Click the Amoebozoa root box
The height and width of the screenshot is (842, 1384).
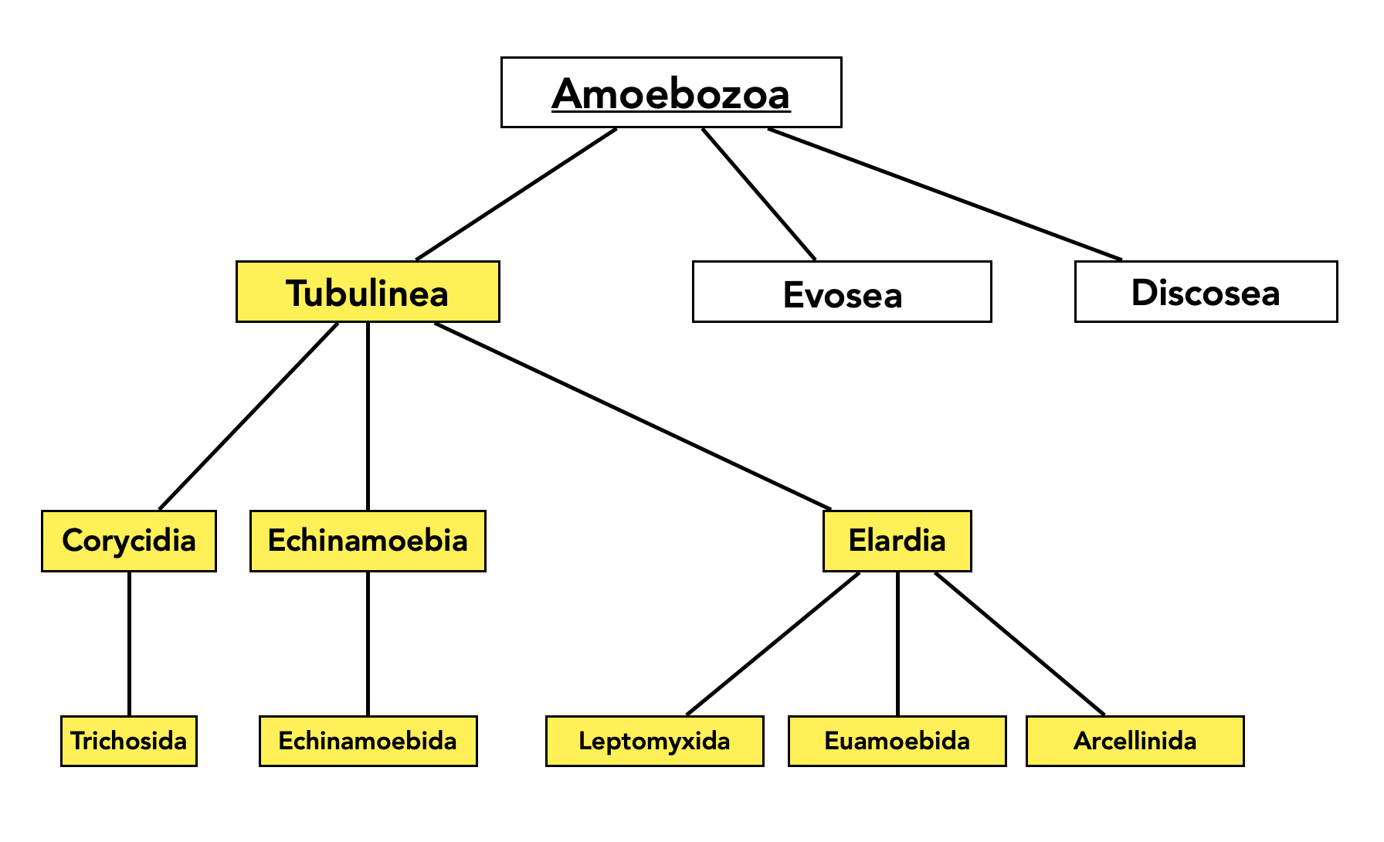(x=670, y=93)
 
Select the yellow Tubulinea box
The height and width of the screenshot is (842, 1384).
(x=368, y=292)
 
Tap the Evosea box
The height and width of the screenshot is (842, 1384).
(x=842, y=292)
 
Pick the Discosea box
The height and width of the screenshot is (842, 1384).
(x=1206, y=292)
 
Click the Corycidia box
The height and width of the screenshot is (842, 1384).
(x=129, y=541)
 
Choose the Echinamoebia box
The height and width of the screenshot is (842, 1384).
(x=368, y=541)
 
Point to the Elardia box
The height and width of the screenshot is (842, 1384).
(x=897, y=541)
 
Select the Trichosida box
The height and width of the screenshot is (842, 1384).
(x=129, y=741)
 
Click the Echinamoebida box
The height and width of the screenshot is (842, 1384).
(x=368, y=741)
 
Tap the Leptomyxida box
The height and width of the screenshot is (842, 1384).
(x=654, y=741)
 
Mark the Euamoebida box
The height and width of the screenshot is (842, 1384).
(x=897, y=741)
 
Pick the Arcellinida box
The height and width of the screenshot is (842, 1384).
(x=1135, y=741)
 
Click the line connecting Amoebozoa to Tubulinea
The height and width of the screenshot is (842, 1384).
(x=516, y=194)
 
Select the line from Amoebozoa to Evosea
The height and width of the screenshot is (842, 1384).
(x=758, y=194)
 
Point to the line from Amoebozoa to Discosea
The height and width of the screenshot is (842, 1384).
(x=945, y=194)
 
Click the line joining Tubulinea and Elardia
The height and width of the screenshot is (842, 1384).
(x=633, y=416)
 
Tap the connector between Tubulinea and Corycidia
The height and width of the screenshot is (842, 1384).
(x=248, y=416)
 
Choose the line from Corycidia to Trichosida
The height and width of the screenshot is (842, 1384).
(x=129, y=643)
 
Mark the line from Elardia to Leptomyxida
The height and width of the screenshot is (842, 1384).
(x=772, y=643)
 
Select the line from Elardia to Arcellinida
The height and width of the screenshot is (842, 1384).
(x=1019, y=643)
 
